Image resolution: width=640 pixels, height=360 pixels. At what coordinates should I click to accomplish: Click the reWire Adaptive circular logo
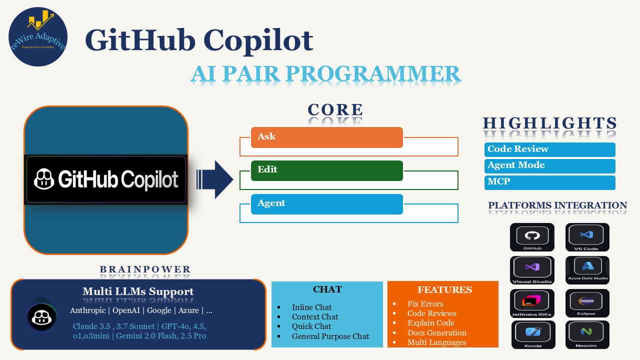coord(38,37)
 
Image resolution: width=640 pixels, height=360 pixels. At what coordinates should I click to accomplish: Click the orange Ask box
coord(327,137)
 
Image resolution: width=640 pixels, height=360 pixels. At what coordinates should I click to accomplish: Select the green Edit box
coord(327,170)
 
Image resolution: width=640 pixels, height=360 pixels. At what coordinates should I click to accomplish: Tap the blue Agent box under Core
coord(327,204)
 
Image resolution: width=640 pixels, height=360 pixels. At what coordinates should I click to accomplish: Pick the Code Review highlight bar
coord(549,149)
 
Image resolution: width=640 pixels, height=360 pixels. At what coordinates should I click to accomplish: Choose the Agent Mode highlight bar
coord(549,165)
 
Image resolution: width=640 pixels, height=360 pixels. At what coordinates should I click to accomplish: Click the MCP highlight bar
coord(549,182)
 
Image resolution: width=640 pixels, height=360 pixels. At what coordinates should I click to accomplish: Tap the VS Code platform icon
coord(587,237)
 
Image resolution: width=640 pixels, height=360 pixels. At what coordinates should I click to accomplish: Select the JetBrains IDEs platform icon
coord(532,303)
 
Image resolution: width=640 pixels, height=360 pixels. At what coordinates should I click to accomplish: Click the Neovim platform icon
coord(587,334)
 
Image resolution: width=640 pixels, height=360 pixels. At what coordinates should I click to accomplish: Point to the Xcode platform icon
coord(533,334)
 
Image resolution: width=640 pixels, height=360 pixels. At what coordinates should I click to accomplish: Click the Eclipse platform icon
coord(587,303)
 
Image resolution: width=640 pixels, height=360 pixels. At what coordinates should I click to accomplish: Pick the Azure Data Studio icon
coord(587,270)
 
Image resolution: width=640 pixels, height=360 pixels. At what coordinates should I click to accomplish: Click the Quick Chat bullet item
coord(311,326)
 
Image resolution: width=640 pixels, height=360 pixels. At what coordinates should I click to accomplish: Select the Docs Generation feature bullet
coord(436,333)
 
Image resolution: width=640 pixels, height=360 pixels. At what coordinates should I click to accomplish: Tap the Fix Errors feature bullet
coord(425,304)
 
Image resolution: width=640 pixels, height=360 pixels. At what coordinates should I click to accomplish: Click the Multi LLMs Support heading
coord(138,291)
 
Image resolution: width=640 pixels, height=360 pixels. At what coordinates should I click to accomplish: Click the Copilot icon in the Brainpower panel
coord(41,317)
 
